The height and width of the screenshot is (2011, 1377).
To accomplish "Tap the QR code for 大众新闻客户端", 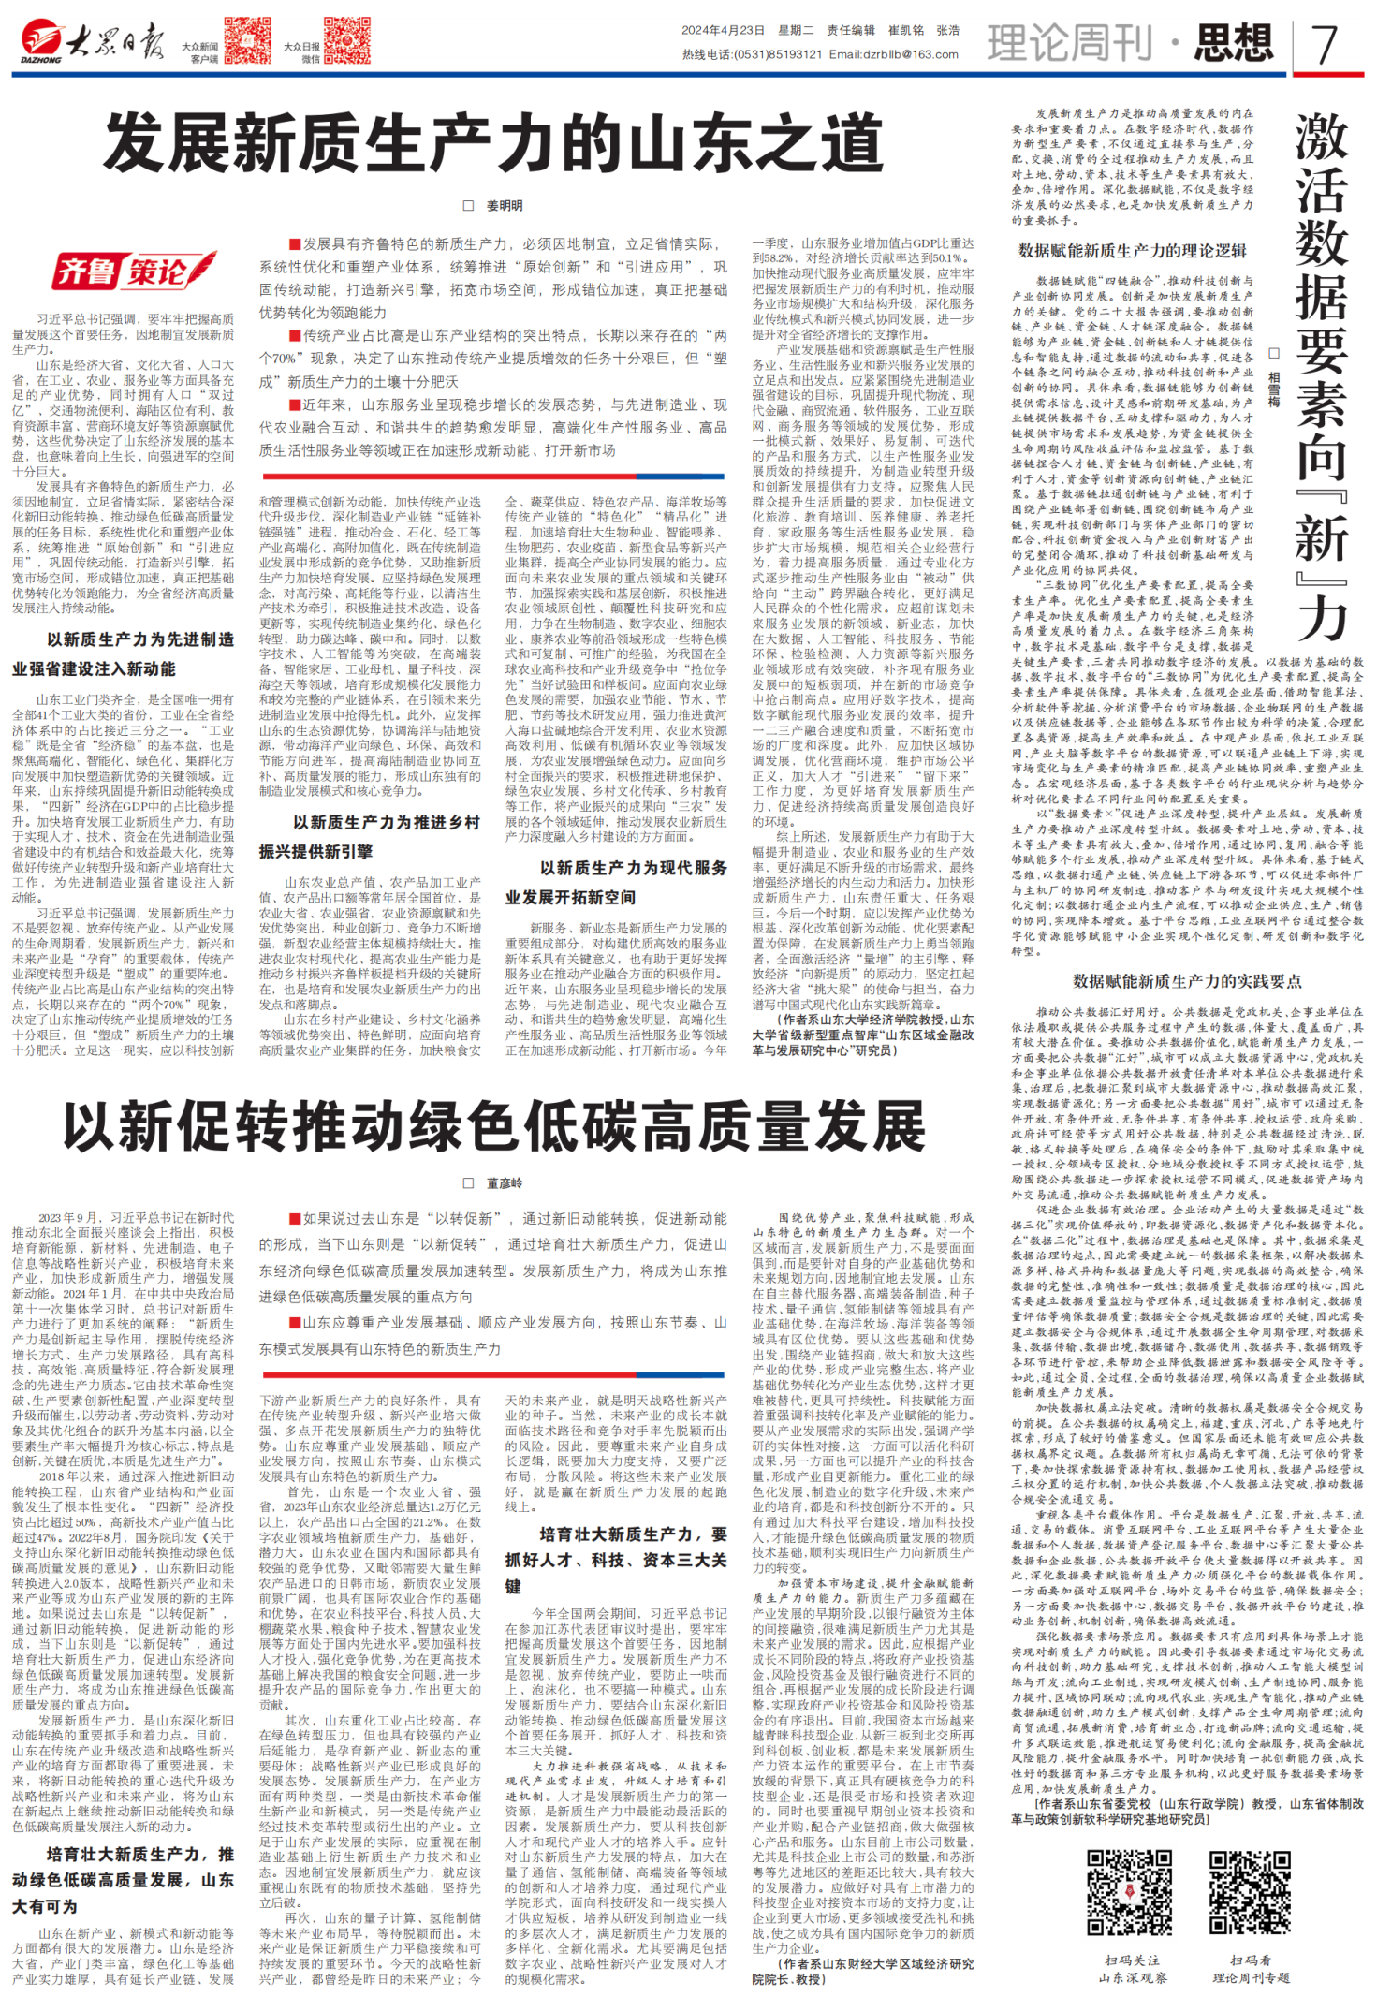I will [247, 39].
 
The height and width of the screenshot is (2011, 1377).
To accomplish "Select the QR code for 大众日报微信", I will [345, 39].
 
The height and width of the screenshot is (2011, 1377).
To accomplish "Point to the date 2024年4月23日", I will [723, 30].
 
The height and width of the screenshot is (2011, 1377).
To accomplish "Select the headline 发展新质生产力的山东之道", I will [493, 142].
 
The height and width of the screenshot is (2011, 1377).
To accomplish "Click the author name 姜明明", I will [504, 206].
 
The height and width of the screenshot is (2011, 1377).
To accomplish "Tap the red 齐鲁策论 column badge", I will [134, 271].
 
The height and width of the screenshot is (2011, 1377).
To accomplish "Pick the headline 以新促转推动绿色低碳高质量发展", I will [493, 1126].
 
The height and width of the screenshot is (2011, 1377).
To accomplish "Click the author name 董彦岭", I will [504, 1183].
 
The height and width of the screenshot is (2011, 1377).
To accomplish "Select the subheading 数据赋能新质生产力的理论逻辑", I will [1133, 251].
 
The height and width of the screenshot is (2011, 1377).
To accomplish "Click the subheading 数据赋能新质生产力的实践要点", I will [1187, 981].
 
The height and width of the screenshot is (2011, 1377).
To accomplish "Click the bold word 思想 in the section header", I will [1233, 42].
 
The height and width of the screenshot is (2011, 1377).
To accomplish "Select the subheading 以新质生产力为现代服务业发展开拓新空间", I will [616, 883].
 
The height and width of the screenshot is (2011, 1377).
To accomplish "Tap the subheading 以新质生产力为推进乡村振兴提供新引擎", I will [370, 837].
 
